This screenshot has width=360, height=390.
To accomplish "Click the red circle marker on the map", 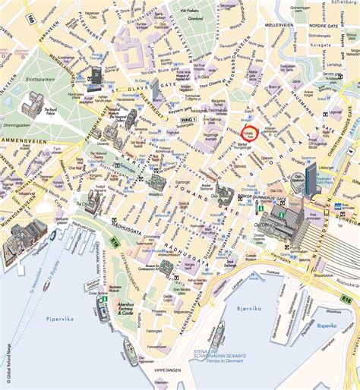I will pyautogui.click(x=249, y=134).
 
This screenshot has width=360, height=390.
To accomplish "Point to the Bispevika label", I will pyautogui.click(x=327, y=326).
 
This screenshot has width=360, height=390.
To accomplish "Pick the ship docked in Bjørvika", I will pyautogui.click(x=218, y=334).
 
